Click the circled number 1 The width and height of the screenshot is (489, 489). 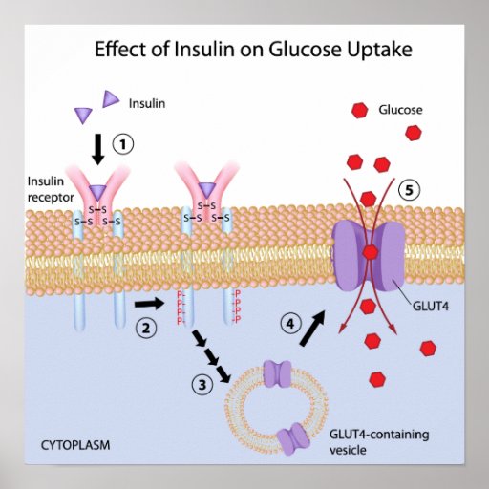(123, 144)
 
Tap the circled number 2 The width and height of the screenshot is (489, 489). (146, 328)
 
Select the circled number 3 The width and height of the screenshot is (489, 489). (202, 385)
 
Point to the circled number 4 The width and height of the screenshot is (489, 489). (291, 324)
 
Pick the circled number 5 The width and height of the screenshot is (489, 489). (409, 190)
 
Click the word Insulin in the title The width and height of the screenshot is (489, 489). (204, 50)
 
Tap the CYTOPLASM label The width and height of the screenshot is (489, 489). (75, 445)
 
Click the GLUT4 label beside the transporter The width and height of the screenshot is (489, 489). (431, 307)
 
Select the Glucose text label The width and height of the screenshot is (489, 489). (400, 110)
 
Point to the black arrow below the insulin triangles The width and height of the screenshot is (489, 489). (98, 149)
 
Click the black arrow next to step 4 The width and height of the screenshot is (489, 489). (312, 329)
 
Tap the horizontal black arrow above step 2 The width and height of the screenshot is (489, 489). (149, 304)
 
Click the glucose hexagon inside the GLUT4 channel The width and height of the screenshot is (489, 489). (371, 253)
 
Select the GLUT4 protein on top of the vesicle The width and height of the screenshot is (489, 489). (278, 373)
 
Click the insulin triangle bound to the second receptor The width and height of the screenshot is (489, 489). (207, 190)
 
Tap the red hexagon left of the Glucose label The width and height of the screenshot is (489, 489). (359, 111)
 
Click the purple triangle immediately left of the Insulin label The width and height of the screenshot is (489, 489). (110, 98)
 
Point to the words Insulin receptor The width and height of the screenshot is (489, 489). (51, 189)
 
